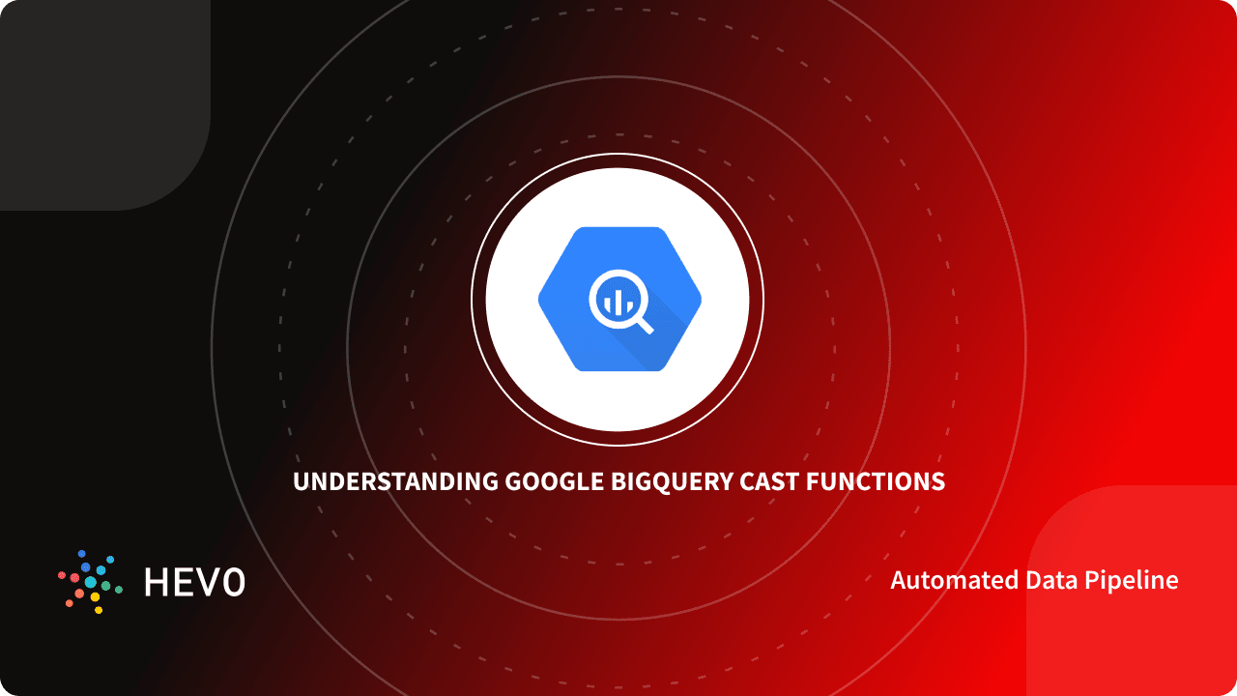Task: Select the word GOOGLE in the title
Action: coord(554,481)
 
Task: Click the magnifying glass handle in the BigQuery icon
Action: coord(643,324)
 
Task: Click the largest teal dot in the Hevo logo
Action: coord(91,583)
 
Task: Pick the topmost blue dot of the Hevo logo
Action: coord(83,554)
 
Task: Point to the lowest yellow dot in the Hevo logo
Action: coord(98,610)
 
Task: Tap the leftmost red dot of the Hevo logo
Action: coord(62,575)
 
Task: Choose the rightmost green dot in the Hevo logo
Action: coord(119,589)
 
